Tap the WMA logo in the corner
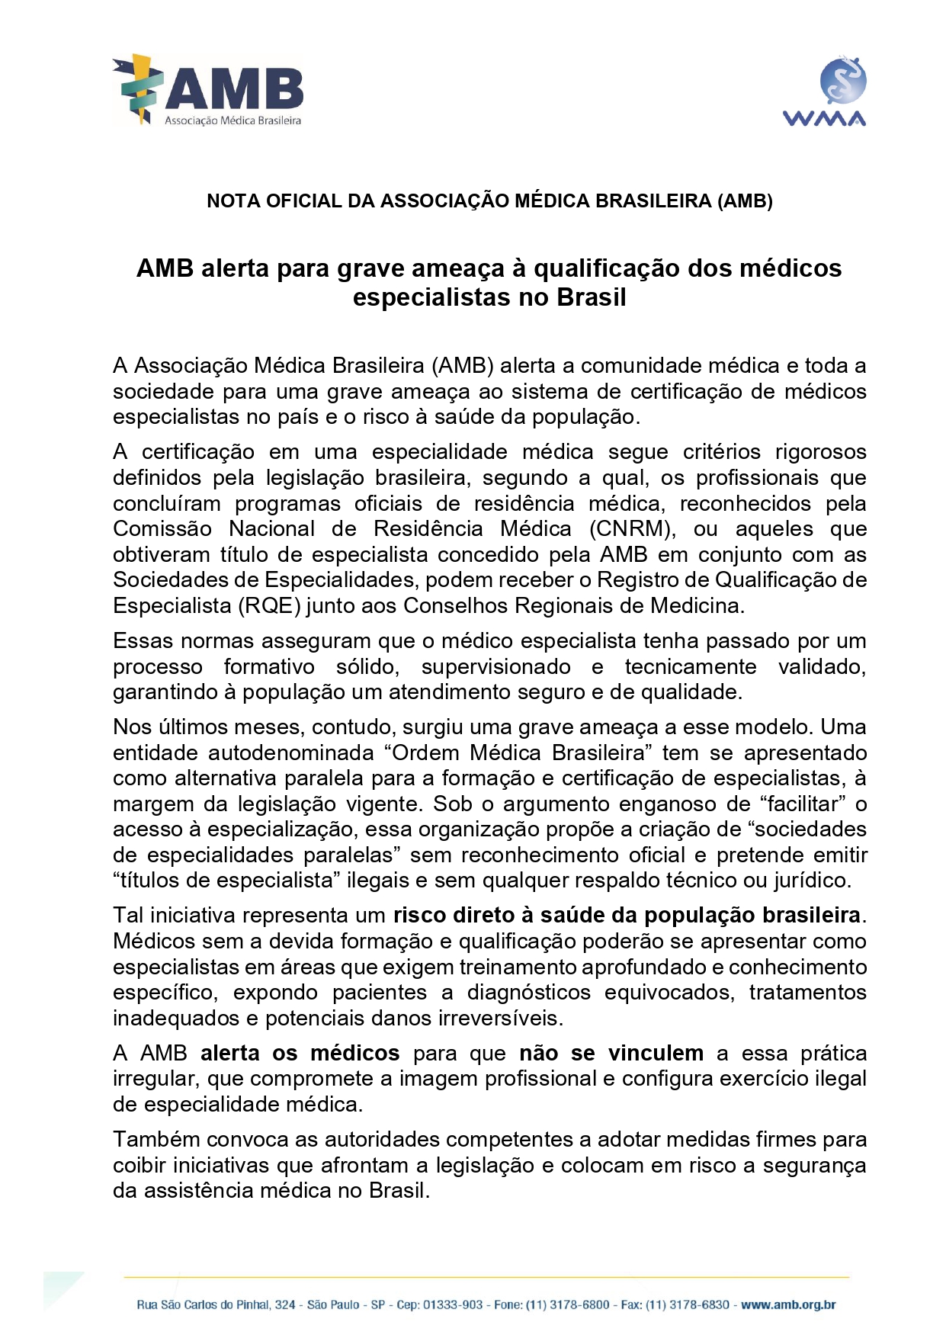(x=824, y=91)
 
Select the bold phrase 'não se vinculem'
(x=611, y=1054)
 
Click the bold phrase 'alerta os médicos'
(x=300, y=1054)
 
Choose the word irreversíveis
(x=499, y=1019)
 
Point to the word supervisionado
(x=495, y=667)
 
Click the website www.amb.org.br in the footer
(x=788, y=1304)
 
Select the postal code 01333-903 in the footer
(x=453, y=1304)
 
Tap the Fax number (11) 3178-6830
(x=688, y=1304)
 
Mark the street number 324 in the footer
(x=285, y=1304)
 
